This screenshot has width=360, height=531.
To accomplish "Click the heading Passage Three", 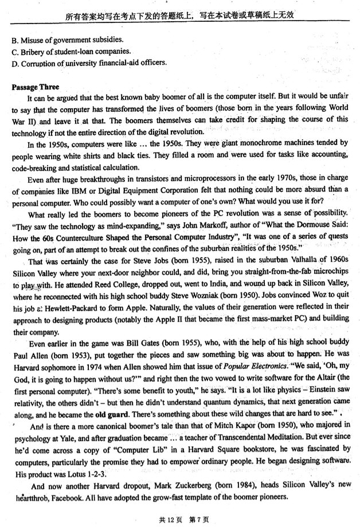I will click(35, 88).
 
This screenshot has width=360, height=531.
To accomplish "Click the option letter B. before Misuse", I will click(14, 40).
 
